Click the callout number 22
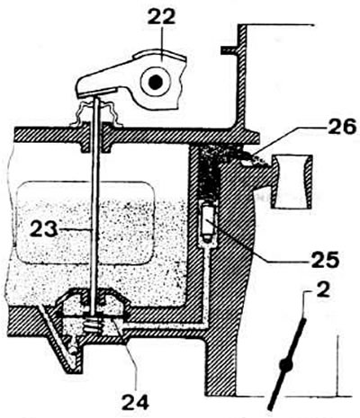click(x=161, y=17)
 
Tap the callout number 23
click(x=43, y=229)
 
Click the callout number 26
click(x=342, y=127)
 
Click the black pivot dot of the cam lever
click(x=156, y=82)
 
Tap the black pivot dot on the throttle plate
click(x=285, y=365)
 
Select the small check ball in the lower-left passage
click(x=72, y=350)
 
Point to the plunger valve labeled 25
click(x=207, y=222)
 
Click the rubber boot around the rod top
click(x=95, y=113)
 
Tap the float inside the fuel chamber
click(x=85, y=222)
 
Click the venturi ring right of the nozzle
click(x=292, y=182)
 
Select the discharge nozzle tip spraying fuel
click(x=255, y=159)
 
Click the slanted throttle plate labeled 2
click(x=287, y=364)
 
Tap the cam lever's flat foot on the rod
click(x=97, y=92)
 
